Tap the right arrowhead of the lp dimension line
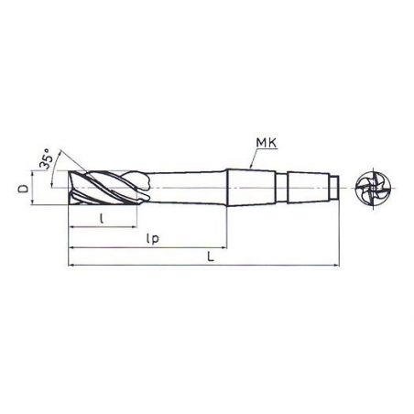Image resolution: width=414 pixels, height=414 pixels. pyautogui.click(x=225, y=247)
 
